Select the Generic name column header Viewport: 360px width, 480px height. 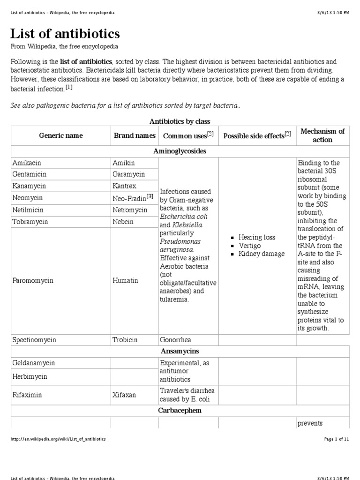(x=61, y=135)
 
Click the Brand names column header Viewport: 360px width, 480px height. (x=135, y=135)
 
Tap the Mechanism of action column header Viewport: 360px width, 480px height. (x=322, y=135)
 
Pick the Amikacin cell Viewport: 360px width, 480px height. (x=26, y=163)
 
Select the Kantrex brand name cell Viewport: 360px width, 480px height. (x=125, y=186)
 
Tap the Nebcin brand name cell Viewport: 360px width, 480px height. (x=123, y=221)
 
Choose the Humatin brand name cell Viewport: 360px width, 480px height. (x=125, y=280)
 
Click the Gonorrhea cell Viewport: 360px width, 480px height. (x=175, y=339)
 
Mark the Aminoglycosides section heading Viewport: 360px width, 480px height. (x=180, y=151)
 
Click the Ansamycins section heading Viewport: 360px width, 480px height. (x=180, y=351)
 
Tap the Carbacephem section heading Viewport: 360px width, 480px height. (x=180, y=410)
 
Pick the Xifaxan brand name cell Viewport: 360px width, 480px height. (x=124, y=395)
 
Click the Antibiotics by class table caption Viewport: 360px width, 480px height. (x=180, y=121)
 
